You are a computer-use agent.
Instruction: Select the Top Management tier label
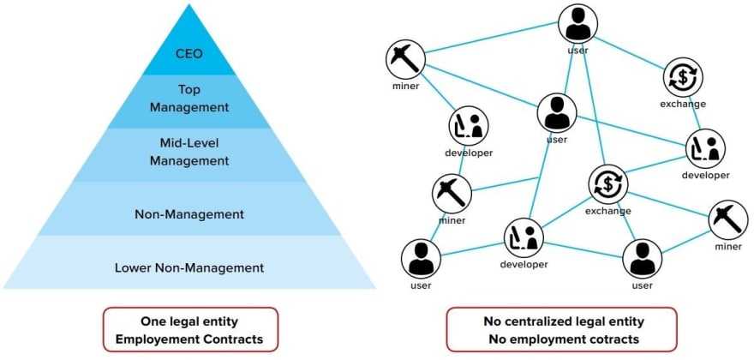click(188, 99)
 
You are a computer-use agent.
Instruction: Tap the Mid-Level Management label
click(188, 152)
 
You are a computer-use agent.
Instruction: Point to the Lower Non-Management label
click(188, 267)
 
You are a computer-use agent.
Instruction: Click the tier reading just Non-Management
click(188, 213)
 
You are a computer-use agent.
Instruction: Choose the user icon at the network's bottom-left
click(421, 258)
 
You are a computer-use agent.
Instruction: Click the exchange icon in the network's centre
click(607, 184)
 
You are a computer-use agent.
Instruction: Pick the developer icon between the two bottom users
click(524, 237)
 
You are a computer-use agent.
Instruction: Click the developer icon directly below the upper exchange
click(705, 148)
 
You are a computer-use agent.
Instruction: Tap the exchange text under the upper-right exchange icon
click(683, 104)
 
